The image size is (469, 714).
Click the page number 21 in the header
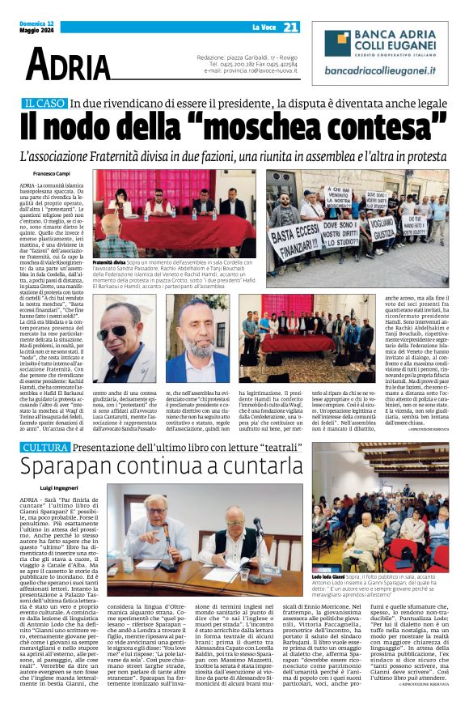point(290,27)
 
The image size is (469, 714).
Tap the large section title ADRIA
point(66,63)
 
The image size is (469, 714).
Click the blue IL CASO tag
point(44,104)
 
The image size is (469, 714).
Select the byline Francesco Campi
point(53,174)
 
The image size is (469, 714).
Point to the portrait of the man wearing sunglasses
point(125,338)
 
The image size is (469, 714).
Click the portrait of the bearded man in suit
point(198,338)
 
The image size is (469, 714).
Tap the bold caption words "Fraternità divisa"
point(109,263)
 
